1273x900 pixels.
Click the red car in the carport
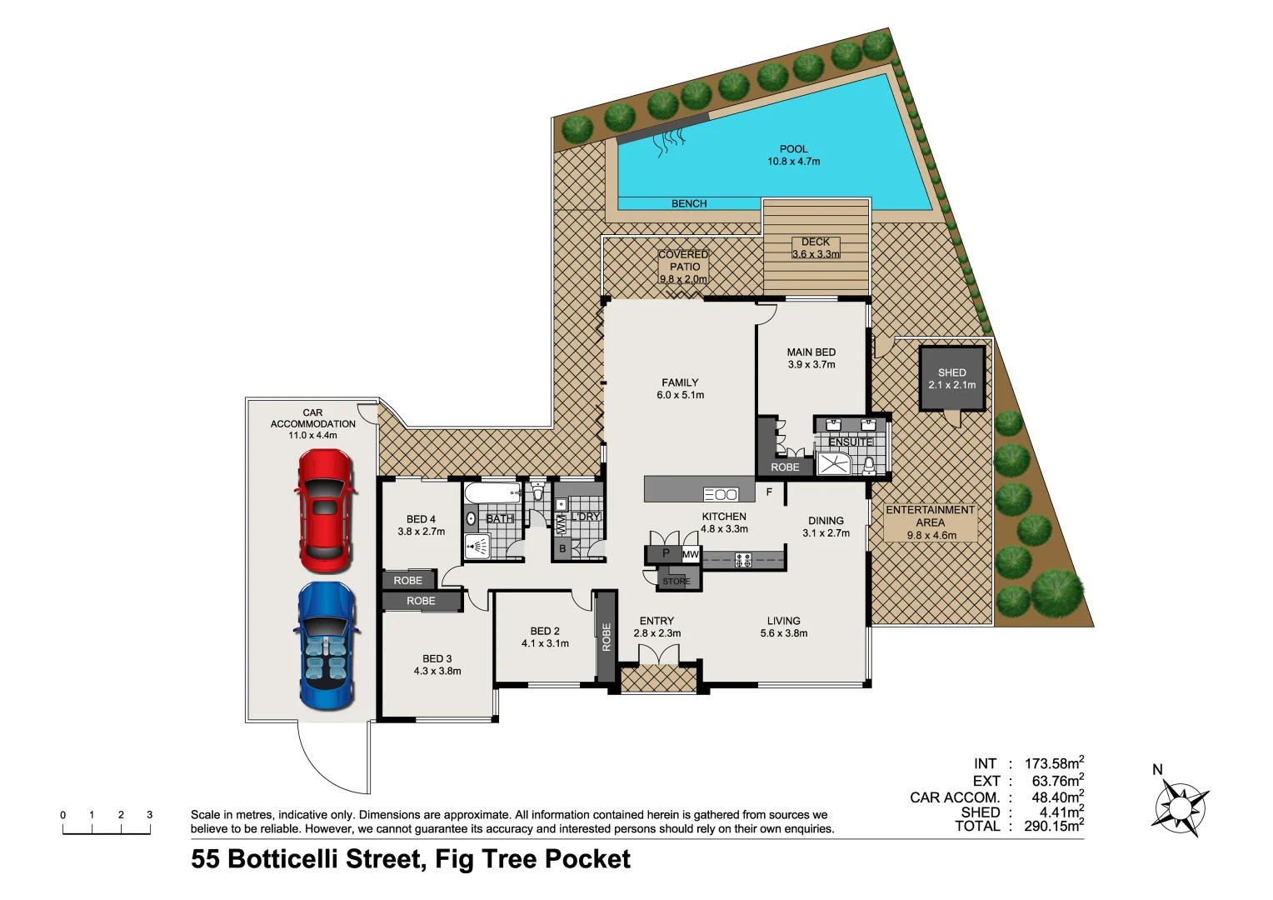tap(326, 511)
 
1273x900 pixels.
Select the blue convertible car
tap(326, 646)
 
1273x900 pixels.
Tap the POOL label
tap(793, 149)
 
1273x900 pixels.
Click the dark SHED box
tap(951, 379)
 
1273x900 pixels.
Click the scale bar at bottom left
tap(107, 828)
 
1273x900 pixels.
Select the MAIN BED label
tap(811, 352)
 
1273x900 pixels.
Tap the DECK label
tap(815, 242)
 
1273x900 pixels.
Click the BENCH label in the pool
tap(689, 203)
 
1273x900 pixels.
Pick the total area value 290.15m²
tap(1053, 826)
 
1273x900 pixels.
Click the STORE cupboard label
tap(676, 581)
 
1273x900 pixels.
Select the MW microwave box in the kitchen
tap(691, 554)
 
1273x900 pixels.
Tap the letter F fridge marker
tap(769, 492)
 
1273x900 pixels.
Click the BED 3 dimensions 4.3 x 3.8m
tap(437, 671)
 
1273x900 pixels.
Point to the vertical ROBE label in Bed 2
tap(606, 637)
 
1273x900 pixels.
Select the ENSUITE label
tap(850, 442)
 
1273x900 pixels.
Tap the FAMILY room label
tap(680, 382)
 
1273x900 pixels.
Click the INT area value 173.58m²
tap(1053, 763)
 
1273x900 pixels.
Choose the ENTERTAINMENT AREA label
tap(930, 516)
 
